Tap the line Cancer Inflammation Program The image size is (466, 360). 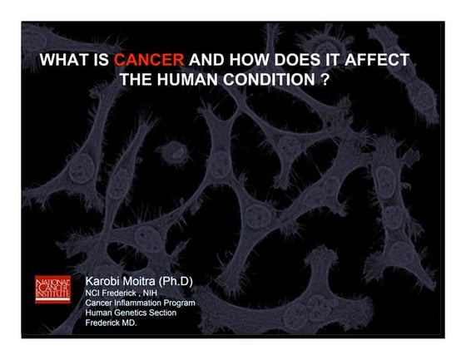(x=141, y=303)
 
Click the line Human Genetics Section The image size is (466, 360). (x=134, y=313)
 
